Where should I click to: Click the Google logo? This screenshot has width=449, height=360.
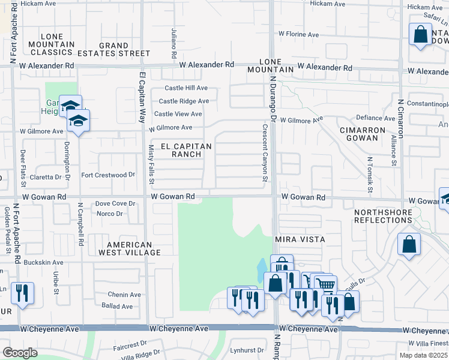[x=20, y=353]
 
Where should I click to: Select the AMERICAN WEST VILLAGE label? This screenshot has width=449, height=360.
[x=134, y=248]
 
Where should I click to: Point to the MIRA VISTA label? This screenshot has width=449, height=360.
[x=300, y=239]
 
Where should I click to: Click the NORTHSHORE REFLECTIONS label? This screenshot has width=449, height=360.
[x=383, y=216]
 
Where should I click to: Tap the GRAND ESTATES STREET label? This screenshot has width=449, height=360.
[x=113, y=49]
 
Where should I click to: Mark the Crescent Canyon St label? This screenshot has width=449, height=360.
[x=264, y=153]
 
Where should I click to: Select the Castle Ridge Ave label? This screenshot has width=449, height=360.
[x=184, y=101]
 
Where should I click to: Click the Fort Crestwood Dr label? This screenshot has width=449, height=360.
[x=108, y=175]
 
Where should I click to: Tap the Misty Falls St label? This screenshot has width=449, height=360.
[x=151, y=164]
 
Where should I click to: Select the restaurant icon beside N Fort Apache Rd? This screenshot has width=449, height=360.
[x=22, y=293]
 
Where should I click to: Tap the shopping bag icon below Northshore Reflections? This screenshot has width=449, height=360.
[x=409, y=244]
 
